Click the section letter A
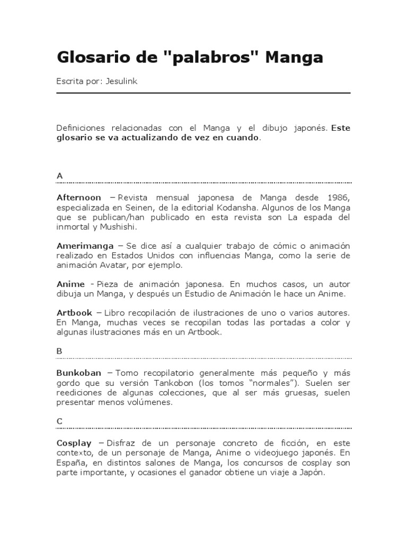point(59,175)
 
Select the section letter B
point(59,350)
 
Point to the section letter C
point(59,421)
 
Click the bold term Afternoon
point(79,196)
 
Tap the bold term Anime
point(70,284)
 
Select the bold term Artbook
point(75,312)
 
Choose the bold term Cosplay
point(74,442)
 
